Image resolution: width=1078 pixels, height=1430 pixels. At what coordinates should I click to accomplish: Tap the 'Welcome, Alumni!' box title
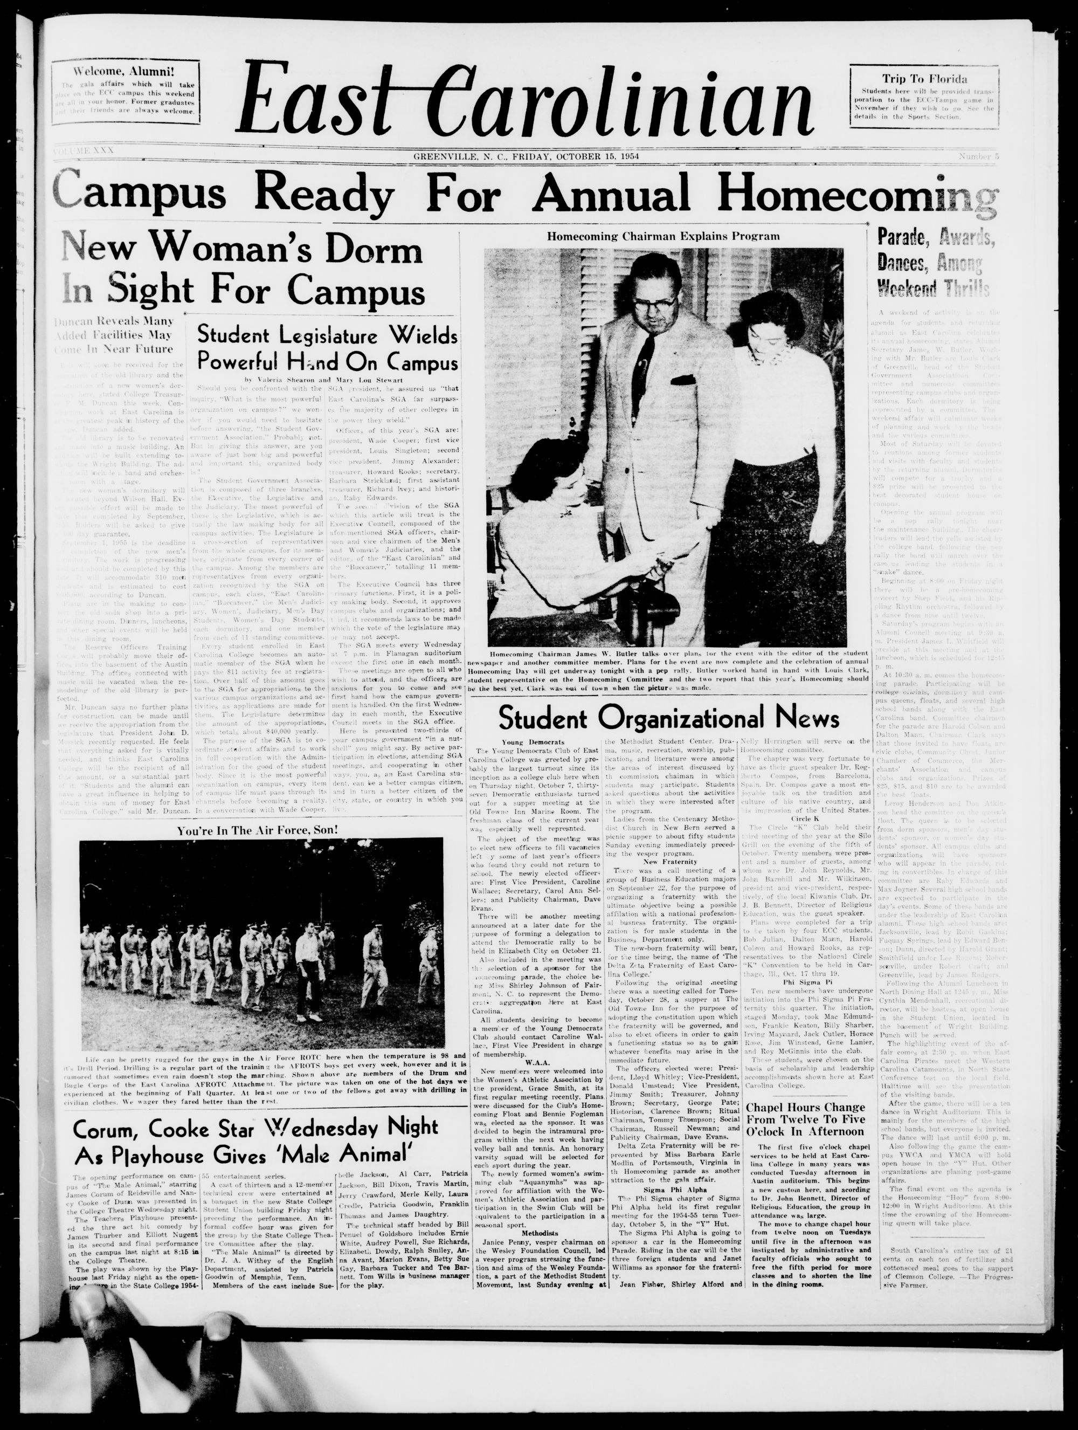124,71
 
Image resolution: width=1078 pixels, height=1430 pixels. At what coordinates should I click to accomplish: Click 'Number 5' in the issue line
978,156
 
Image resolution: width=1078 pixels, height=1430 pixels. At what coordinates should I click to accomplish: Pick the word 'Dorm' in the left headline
371,251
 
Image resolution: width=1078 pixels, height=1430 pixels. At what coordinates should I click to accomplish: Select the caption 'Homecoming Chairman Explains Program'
663,236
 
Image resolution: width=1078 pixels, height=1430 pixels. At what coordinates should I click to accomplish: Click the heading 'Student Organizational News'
669,718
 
